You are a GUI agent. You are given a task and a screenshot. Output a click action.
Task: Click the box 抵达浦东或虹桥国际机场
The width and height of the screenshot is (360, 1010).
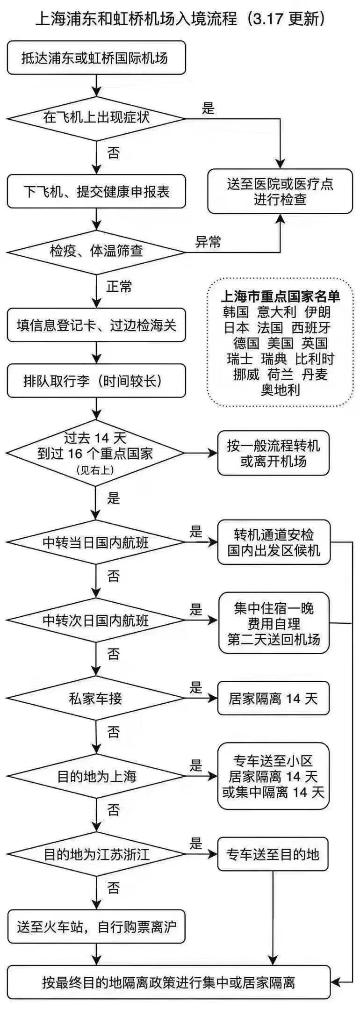tap(96, 58)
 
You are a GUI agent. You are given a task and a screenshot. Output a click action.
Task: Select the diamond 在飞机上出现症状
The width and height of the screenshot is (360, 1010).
tap(96, 118)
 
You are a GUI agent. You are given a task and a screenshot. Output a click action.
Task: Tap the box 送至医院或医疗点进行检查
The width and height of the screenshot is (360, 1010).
tap(280, 191)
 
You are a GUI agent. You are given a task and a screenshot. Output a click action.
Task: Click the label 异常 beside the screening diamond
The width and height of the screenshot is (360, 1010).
tap(208, 242)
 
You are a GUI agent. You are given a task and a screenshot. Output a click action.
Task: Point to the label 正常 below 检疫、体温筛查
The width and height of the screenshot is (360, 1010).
tap(119, 286)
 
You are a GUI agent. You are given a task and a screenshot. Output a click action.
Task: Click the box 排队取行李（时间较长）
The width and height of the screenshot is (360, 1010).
tap(96, 381)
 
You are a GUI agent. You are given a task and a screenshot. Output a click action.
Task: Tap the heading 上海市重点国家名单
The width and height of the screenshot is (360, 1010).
tap(280, 296)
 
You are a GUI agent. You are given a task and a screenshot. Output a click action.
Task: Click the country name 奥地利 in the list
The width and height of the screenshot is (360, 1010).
tap(280, 390)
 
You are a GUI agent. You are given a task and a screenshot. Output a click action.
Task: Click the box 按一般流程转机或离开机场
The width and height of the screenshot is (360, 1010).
tap(274, 453)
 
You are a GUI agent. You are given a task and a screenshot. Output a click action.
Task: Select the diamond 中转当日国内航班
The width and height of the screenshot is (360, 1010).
tap(96, 542)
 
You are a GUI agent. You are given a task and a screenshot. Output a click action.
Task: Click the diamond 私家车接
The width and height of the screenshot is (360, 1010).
tap(96, 699)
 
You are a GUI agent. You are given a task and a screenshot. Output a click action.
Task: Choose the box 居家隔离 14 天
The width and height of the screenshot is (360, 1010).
tap(274, 699)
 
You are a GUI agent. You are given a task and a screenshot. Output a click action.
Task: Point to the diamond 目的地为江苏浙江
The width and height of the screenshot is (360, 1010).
tap(96, 855)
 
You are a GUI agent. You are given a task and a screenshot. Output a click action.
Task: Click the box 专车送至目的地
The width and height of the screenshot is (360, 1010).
tap(273, 855)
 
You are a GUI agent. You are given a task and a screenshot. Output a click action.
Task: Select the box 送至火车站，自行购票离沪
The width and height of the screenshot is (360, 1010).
tap(96, 926)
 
